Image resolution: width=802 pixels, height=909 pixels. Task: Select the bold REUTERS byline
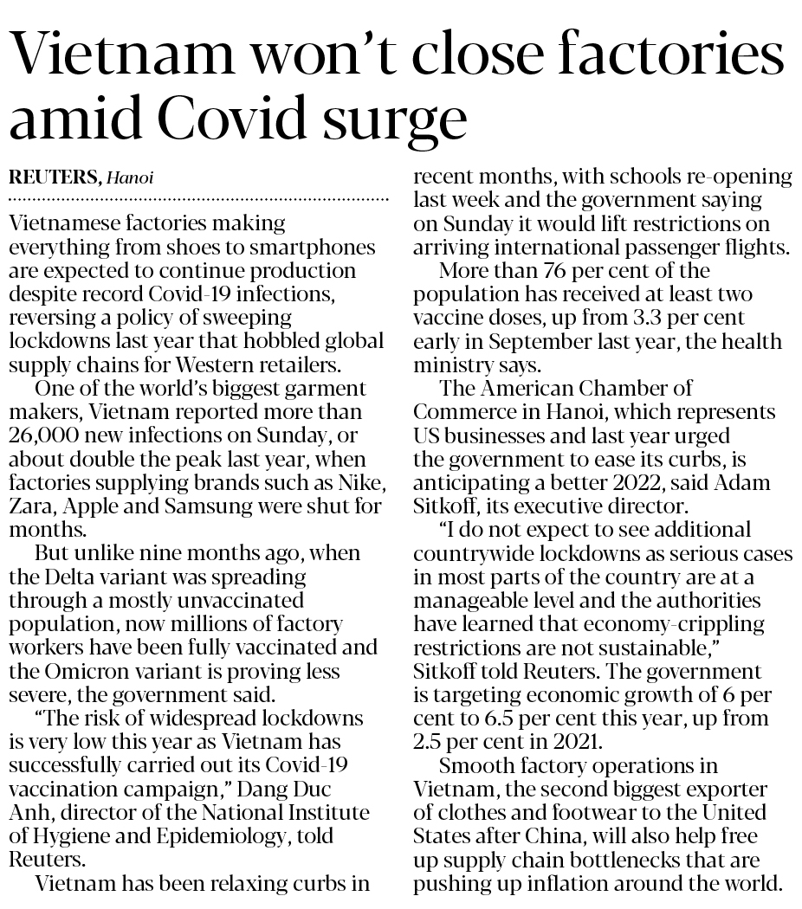coord(53,178)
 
